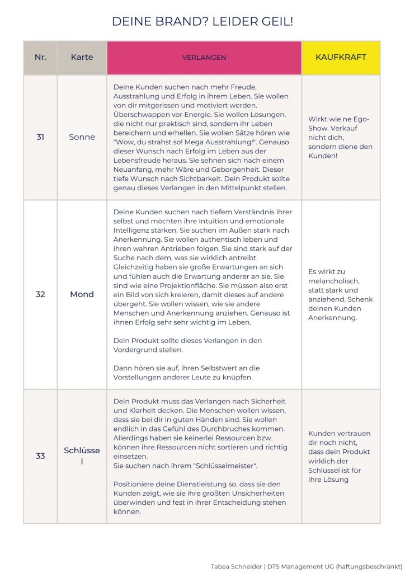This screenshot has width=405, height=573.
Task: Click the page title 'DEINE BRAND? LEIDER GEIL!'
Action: [202, 22]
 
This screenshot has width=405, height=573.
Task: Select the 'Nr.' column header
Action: [40, 58]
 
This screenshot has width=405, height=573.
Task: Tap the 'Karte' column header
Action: [82, 58]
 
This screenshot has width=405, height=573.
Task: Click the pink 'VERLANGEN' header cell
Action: [204, 58]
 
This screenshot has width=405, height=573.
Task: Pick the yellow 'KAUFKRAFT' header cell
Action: [341, 58]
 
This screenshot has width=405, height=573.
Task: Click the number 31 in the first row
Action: [40, 137]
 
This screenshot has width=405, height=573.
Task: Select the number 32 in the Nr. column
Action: [40, 294]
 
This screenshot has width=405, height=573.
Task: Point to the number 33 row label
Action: [40, 456]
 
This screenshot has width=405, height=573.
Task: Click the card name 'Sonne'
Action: [82, 137]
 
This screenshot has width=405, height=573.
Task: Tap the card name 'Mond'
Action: [82, 294]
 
